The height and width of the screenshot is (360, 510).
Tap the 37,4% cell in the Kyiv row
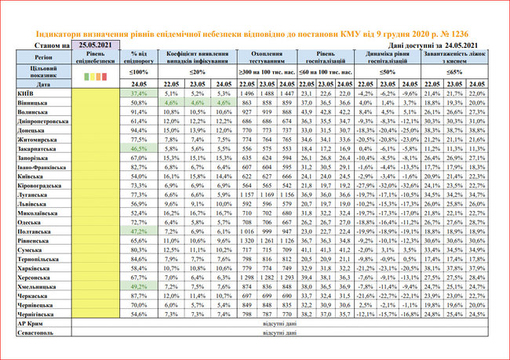click(139, 93)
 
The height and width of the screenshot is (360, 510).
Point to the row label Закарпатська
click(26, 147)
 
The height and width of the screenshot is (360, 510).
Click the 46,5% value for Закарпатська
click(139, 147)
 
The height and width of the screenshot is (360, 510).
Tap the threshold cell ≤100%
click(139, 71)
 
